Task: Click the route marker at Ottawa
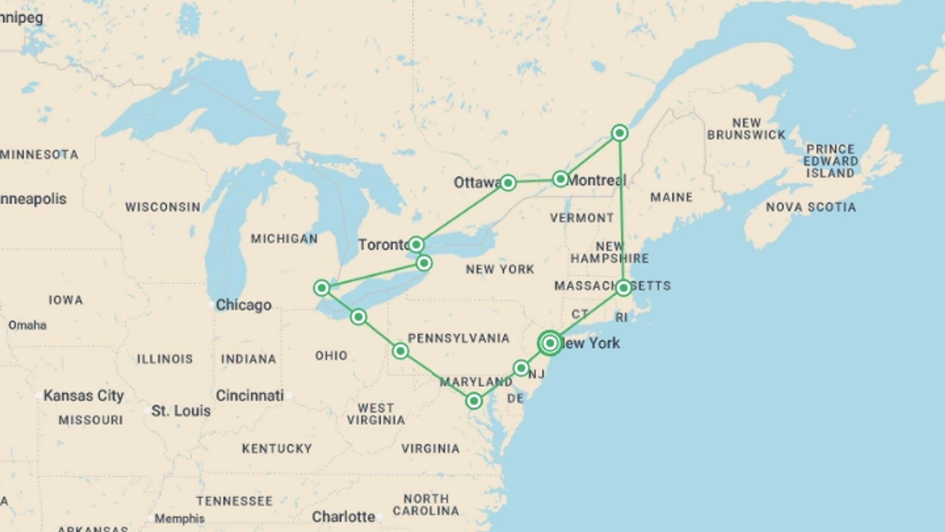tap(508, 183)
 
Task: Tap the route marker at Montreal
tap(560, 179)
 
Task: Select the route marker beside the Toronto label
tap(416, 244)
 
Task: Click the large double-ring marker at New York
tap(550, 343)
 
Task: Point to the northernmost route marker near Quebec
tap(620, 133)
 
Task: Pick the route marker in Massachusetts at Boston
tap(623, 288)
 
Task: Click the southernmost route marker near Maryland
tap(473, 401)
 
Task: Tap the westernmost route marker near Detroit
tap(321, 288)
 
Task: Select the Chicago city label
tap(243, 305)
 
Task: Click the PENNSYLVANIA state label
tap(458, 338)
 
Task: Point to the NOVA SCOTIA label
tap(811, 207)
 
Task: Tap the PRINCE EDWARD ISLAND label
tap(831, 161)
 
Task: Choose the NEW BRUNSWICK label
tap(746, 129)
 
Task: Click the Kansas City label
tap(83, 396)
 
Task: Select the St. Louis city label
tap(181, 411)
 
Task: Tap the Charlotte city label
tap(344, 517)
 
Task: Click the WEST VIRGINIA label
tap(376, 414)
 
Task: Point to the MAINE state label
tap(671, 198)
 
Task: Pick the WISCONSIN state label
tap(162, 207)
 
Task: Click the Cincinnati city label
tap(250, 396)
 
